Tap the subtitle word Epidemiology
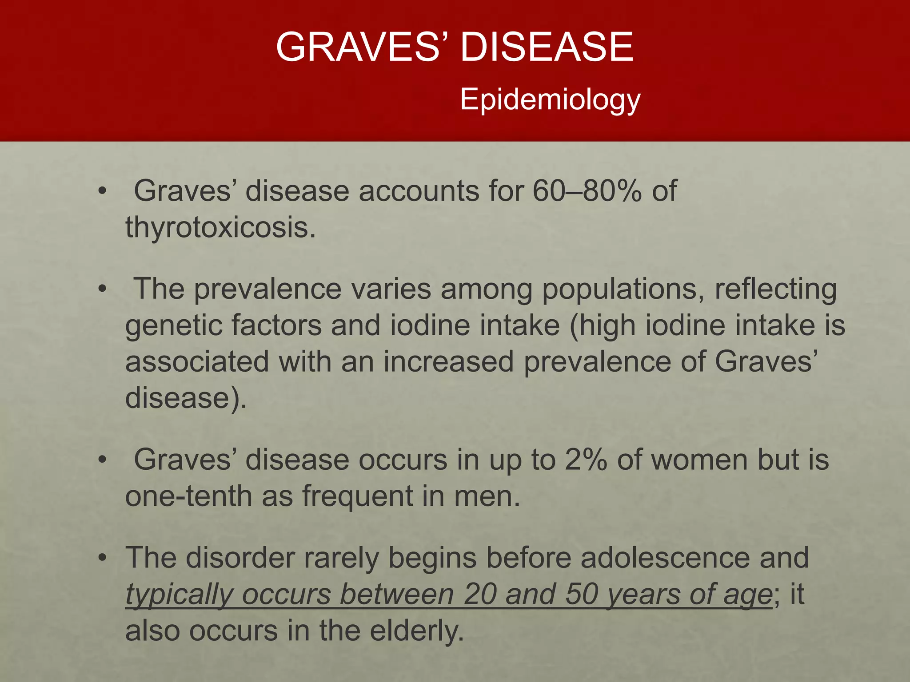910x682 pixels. (x=550, y=99)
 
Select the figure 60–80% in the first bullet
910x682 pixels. (x=587, y=191)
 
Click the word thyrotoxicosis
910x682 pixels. (x=220, y=227)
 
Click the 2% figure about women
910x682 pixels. (x=586, y=460)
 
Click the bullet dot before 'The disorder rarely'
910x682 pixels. (x=103, y=558)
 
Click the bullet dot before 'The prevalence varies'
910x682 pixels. (x=103, y=289)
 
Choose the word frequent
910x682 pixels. (x=358, y=496)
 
